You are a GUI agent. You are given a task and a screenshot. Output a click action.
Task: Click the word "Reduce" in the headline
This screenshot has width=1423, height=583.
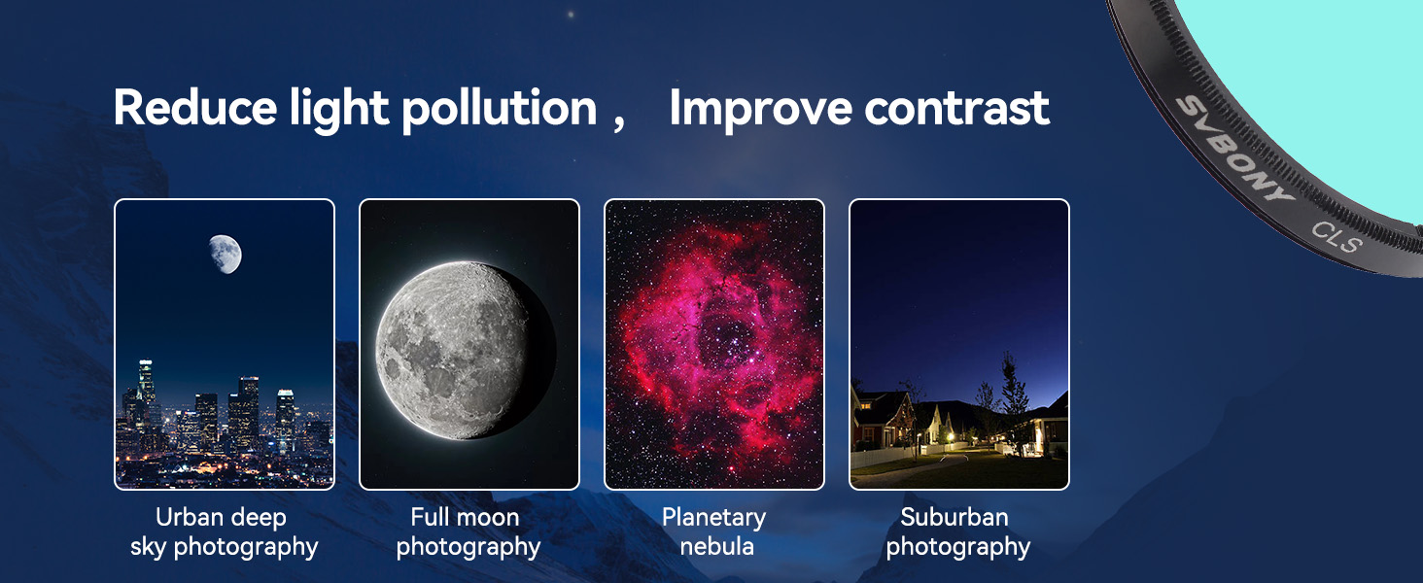click(195, 107)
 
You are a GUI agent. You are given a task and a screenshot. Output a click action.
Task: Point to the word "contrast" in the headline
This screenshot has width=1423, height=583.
click(956, 109)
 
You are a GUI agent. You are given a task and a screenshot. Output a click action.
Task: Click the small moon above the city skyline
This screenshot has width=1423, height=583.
click(226, 254)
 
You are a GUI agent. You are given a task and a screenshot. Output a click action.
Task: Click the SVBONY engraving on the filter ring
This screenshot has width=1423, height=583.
click(1233, 151)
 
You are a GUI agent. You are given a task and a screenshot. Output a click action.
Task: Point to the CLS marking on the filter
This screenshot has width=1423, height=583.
click(1336, 237)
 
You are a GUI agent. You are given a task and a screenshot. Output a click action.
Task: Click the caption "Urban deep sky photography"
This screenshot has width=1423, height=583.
click(224, 532)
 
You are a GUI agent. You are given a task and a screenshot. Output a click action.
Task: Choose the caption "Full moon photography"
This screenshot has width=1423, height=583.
click(469, 532)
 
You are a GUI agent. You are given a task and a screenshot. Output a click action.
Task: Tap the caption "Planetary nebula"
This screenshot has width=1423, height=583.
click(714, 532)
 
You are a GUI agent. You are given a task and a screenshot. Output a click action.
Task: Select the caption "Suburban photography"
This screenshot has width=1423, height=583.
click(958, 532)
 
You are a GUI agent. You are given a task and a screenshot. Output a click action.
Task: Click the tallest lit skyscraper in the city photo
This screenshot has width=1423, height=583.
click(146, 388)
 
